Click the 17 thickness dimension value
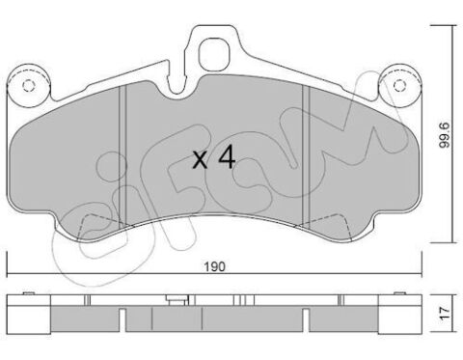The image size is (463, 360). point(446,313)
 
